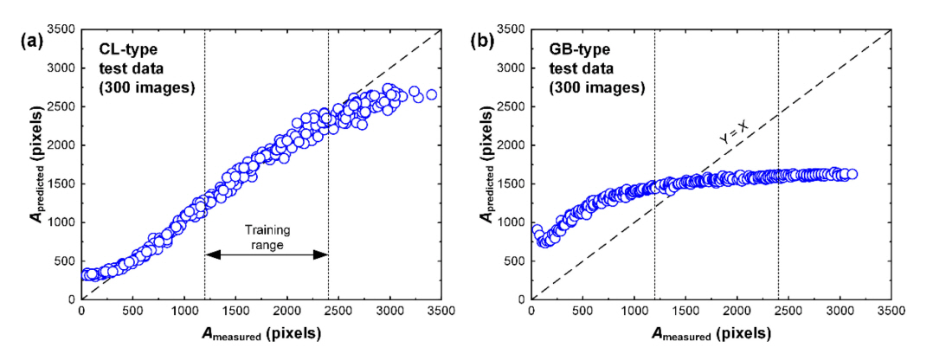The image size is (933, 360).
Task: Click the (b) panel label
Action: click(482, 40)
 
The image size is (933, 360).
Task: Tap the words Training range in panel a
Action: click(266, 236)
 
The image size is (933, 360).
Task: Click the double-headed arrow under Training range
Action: click(266, 254)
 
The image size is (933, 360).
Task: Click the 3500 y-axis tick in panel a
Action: click(61, 29)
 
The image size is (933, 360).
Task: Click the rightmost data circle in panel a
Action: click(431, 94)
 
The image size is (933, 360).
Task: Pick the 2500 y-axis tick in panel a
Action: click(61, 106)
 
